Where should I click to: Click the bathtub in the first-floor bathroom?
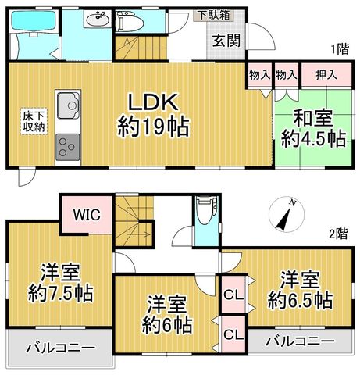tap(34, 22)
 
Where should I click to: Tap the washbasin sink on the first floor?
tap(98, 19)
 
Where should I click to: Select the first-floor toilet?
tap(130, 22)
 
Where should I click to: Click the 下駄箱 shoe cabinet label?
tap(214, 15)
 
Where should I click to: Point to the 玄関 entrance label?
tap(226, 41)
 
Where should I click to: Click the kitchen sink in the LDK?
tap(68, 105)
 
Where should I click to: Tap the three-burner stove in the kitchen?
tap(67, 147)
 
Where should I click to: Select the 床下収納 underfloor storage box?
tap(34, 122)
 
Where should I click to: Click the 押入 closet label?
tap(326, 75)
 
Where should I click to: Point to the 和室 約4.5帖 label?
tap(313, 129)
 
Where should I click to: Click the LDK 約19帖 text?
tap(153, 115)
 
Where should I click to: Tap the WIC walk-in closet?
tap(87, 215)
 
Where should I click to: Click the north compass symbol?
tap(287, 215)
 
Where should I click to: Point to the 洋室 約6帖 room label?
tap(167, 314)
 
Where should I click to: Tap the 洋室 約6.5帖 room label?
tap(300, 290)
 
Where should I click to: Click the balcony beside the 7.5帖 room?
tap(59, 348)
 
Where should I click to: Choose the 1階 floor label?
tap(340, 49)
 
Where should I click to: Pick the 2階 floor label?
tap(338, 234)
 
